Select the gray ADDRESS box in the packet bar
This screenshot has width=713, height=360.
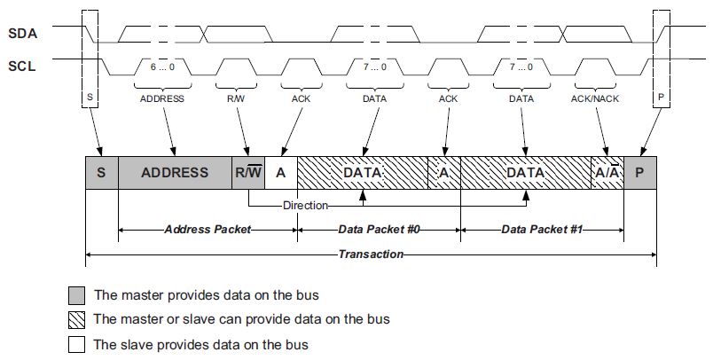pyautogui.click(x=174, y=172)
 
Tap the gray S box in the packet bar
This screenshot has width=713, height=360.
pyautogui.click(x=101, y=172)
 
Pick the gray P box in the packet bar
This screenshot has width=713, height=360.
pyautogui.click(x=640, y=172)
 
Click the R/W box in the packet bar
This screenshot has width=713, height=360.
pyautogui.click(x=247, y=172)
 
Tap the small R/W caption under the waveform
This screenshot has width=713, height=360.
pyautogui.click(x=235, y=98)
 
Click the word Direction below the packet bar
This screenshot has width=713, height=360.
pyautogui.click(x=305, y=205)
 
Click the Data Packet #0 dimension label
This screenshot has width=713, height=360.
pyautogui.click(x=379, y=229)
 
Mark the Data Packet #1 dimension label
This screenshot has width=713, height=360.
pyautogui.click(x=542, y=229)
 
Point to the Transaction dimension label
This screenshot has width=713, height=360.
pyautogui.click(x=371, y=254)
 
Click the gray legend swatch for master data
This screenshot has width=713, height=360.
pyautogui.click(x=77, y=293)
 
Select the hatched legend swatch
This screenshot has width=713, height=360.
pyautogui.click(x=77, y=318)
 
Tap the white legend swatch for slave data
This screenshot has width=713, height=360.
pyautogui.click(x=77, y=343)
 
